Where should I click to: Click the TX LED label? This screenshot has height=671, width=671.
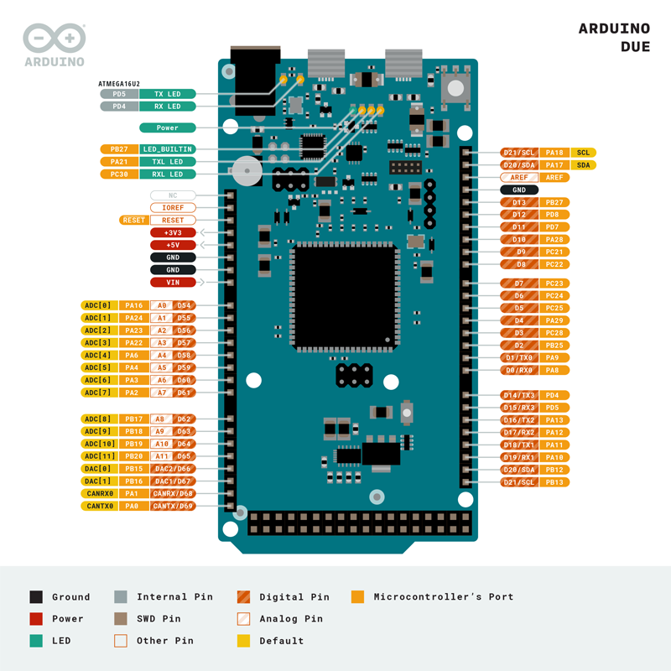[167, 94]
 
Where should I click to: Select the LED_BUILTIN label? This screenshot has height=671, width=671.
[167, 149]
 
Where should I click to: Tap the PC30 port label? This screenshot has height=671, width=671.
[119, 174]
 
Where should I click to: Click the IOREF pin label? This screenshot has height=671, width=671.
[173, 207]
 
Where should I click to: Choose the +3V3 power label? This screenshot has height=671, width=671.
[173, 232]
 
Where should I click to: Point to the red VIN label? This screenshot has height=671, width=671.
[173, 283]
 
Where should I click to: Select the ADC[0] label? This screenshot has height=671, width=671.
[99, 305]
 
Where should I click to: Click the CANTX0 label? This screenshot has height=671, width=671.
[99, 507]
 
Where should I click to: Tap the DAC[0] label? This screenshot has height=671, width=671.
[99, 469]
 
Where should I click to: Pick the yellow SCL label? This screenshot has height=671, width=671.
[583, 153]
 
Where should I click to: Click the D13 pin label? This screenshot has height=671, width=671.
[519, 202]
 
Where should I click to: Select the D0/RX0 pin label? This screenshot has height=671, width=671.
[519, 370]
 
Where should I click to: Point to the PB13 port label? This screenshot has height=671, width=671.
[554, 482]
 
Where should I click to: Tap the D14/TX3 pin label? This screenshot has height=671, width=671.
[519, 395]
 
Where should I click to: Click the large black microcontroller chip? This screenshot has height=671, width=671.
[345, 297]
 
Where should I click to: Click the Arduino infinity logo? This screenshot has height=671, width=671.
[55, 38]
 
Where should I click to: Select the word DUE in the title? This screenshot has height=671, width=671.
[636, 47]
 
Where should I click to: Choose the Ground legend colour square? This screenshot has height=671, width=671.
[36, 597]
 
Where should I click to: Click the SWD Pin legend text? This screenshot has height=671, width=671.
[159, 619]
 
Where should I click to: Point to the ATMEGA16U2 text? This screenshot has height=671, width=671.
[119, 84]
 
